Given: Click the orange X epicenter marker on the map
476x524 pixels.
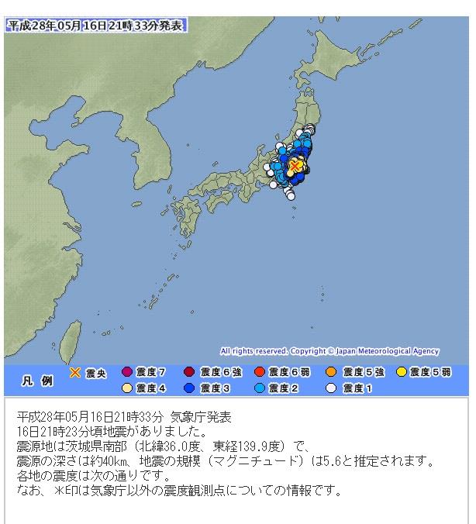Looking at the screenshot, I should [295, 166].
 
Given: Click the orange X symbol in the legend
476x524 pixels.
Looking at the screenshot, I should [75, 373].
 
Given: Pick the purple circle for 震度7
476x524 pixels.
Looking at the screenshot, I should [129, 373].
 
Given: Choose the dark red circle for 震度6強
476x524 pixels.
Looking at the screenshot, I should [191, 373].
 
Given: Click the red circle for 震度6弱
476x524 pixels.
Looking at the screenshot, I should [260, 373].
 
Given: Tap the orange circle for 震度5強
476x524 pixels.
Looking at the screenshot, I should [331, 373].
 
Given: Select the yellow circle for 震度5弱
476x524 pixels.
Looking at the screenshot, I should [401, 373].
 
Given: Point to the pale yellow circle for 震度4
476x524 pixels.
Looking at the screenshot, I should [129, 388].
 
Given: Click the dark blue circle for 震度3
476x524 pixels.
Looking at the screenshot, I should [191, 388].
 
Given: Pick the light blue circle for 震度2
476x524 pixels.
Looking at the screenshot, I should [260, 388].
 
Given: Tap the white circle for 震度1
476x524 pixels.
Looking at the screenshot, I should [331, 388].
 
